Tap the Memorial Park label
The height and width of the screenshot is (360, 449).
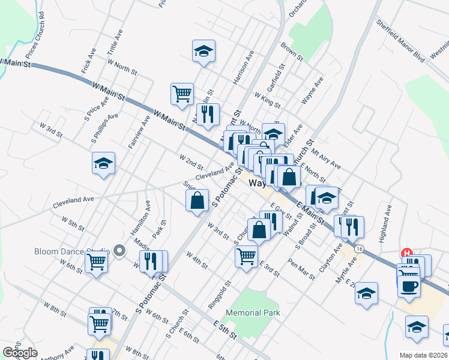tap(253, 313)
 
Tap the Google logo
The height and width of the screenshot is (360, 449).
tap(20, 352)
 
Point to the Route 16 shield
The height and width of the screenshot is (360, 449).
tap(358, 248)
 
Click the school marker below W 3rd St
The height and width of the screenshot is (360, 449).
tap(103, 163)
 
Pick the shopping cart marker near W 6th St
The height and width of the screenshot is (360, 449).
tap(96, 262)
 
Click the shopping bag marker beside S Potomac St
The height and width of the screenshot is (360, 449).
tap(197, 200)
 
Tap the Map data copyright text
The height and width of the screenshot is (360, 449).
tap(424, 355)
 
